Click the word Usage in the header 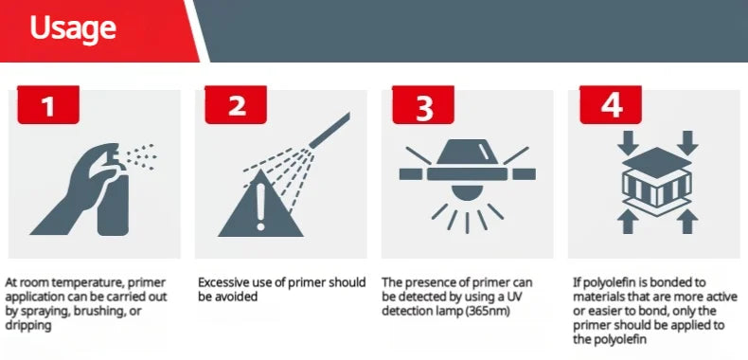tap(73, 29)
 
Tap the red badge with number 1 tap(48, 104)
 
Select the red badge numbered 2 tap(236, 104)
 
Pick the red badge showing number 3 tap(423, 104)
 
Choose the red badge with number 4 tap(611, 104)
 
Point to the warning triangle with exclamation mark tap(260, 204)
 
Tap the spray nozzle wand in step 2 tap(329, 130)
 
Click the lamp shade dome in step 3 tap(466, 152)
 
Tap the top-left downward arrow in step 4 tap(629, 142)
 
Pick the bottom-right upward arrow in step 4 tap(687, 222)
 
